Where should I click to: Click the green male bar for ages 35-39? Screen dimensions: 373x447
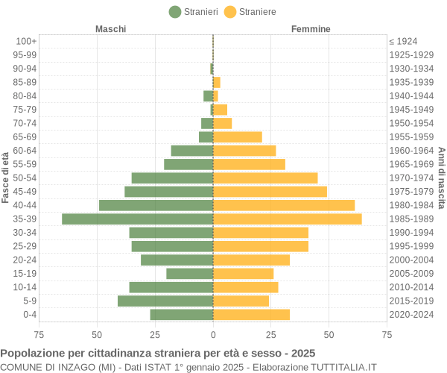tap(137, 219)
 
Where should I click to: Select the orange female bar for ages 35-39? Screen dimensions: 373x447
tap(288, 219)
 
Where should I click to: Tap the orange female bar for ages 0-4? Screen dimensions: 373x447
tap(251, 315)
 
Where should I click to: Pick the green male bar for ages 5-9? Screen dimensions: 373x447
tap(165, 301)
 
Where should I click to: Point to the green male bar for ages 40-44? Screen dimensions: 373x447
tap(156, 205)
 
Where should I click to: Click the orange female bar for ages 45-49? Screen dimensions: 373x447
tap(270, 192)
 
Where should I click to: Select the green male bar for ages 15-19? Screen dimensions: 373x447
tap(189, 274)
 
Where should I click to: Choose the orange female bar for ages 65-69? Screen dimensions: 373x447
tap(238, 137)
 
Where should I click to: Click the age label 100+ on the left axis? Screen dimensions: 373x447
tap(26, 41)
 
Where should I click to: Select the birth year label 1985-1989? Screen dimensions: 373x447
tap(411, 219)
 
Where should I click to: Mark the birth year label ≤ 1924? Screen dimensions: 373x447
tap(403, 41)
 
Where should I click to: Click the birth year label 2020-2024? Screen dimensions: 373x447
tap(411, 315)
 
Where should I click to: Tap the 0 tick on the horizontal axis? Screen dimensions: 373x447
tap(213, 335)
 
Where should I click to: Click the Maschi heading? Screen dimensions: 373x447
tap(110, 28)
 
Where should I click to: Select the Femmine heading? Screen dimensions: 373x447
tap(311, 28)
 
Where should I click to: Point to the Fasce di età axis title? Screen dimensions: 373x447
tap(6, 178)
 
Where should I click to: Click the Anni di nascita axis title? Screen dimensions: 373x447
tap(441, 178)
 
